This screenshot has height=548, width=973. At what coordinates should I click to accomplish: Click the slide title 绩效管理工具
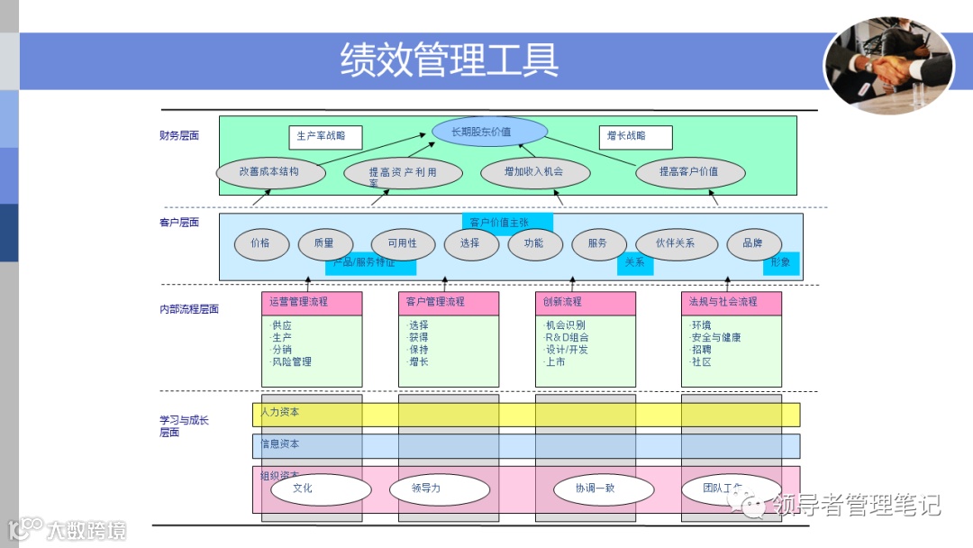click(x=450, y=59)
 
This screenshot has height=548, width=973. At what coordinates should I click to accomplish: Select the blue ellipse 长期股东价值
click(x=489, y=132)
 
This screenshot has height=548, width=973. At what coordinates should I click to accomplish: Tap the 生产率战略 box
click(x=323, y=136)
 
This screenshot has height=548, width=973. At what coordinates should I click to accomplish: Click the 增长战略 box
click(x=634, y=136)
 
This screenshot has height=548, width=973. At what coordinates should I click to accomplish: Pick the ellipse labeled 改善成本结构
click(x=270, y=171)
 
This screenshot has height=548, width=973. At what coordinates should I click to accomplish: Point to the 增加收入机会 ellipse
click(x=534, y=171)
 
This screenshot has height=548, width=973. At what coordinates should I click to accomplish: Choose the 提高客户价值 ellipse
click(x=689, y=171)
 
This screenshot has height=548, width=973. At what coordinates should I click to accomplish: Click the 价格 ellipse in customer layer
click(x=260, y=243)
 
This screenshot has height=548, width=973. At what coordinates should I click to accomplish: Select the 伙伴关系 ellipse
click(x=676, y=243)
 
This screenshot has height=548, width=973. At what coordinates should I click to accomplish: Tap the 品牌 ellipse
click(x=753, y=243)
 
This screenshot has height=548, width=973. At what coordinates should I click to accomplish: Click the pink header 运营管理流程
click(x=312, y=302)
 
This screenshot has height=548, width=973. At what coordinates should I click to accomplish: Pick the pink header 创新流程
click(x=585, y=302)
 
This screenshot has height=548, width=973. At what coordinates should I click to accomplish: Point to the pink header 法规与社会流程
click(x=731, y=302)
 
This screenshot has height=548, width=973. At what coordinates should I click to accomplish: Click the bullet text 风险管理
click(x=292, y=362)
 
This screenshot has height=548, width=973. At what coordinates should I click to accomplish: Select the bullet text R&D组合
click(x=568, y=338)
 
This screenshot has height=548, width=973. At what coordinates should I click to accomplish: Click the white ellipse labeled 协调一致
click(x=603, y=489)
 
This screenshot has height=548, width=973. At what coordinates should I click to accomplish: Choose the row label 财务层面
click(x=179, y=136)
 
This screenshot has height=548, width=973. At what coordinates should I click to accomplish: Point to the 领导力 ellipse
click(x=439, y=489)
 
